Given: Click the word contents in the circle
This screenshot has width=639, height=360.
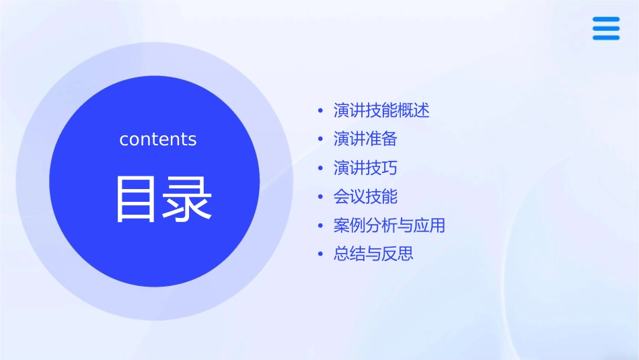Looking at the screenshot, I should click(x=158, y=139).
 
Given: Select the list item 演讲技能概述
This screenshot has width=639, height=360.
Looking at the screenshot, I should click(x=381, y=110).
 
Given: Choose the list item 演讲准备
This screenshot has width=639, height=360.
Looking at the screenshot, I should click(x=365, y=139).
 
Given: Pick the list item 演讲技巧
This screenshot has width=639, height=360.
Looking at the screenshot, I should click(x=365, y=168).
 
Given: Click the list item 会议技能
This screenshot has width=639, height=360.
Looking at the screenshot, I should click(x=365, y=196).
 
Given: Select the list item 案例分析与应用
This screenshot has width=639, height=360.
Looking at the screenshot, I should click(x=389, y=225).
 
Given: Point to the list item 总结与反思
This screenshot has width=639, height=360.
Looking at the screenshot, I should click(x=373, y=254).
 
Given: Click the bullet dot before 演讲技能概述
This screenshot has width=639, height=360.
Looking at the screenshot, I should click(x=321, y=111).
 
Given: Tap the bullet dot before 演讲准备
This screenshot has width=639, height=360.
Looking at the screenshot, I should click(x=321, y=140).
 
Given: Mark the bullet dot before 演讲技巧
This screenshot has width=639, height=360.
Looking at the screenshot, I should click(x=321, y=169).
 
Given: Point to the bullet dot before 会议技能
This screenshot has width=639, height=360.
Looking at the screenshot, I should click(x=321, y=197).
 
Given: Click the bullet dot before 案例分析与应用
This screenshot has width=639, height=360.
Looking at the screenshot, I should click(x=321, y=226).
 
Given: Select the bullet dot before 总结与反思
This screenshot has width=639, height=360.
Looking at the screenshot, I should click(x=321, y=255).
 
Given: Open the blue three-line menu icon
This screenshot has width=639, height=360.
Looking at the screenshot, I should click(x=606, y=28).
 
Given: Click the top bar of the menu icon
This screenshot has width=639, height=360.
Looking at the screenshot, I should click(x=606, y=20).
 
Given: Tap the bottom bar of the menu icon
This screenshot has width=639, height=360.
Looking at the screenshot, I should click(x=606, y=37).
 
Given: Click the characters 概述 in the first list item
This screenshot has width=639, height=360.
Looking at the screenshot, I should click(x=414, y=110).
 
